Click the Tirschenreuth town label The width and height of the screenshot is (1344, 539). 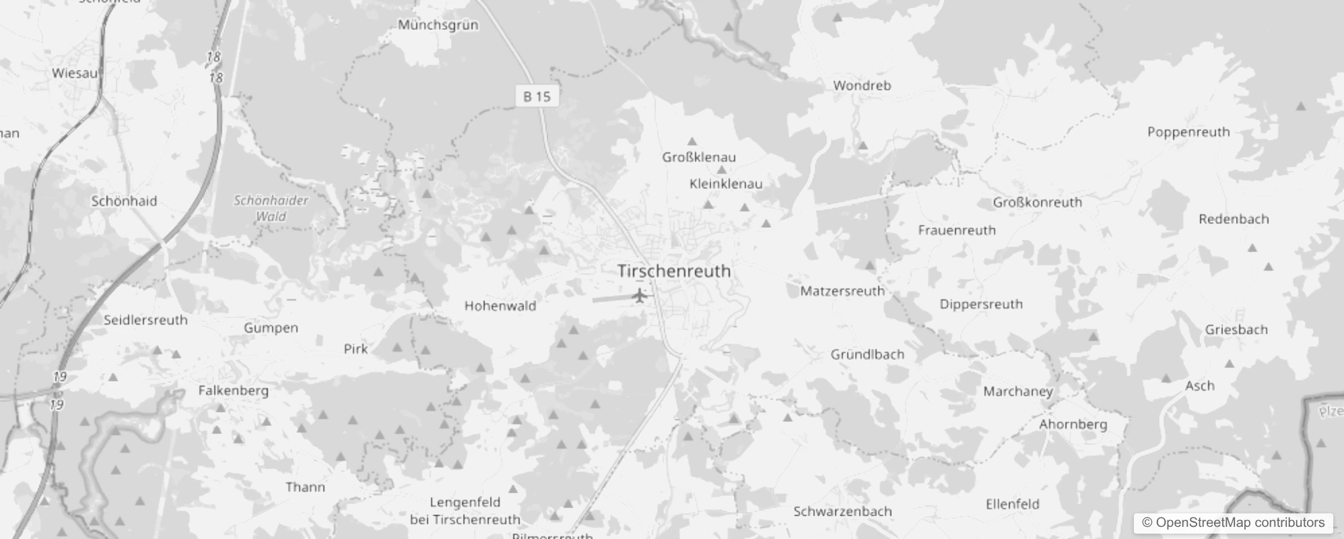coord(674,271)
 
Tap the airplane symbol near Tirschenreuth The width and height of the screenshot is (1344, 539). coord(640,295)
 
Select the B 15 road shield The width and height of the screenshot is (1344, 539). coord(537,96)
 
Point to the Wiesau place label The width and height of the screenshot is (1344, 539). coord(75,73)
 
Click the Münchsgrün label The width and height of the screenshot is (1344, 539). coord(438,25)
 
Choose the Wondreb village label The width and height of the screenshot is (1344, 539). coord(862,86)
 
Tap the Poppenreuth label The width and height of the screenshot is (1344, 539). coord(1188,132)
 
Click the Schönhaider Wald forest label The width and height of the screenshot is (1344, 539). coord(271,208)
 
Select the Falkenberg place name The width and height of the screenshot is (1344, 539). coord(233,390)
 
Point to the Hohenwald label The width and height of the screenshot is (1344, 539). coord(500,306)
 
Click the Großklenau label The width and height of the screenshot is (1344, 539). coord(699,157)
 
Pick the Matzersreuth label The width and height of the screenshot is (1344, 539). coord(842,291)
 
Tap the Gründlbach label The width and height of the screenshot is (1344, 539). coord(867,354)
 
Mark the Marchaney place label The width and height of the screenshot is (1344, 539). coord(1017,391)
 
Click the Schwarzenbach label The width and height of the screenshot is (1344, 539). coord(842,511)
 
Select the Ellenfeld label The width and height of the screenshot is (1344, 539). coord(1012,504)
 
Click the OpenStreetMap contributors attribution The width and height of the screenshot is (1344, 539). coord(1233,523)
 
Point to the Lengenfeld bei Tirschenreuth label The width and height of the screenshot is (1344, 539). coord(465,511)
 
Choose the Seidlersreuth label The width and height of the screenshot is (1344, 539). coord(145,320)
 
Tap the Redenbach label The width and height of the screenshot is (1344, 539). coord(1234,219)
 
